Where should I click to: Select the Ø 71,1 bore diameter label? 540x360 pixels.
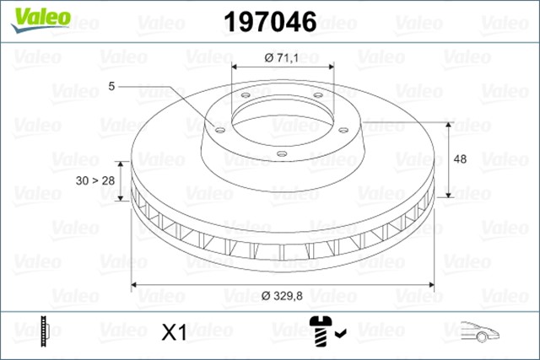tap(282, 57)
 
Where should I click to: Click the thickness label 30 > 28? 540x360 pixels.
tap(96, 180)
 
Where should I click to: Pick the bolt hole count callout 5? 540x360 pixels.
tap(112, 86)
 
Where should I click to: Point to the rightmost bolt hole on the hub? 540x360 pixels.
tap(344, 129)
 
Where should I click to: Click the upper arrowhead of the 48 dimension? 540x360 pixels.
tap(451, 123)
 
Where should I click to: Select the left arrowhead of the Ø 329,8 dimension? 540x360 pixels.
tap(135, 284)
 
